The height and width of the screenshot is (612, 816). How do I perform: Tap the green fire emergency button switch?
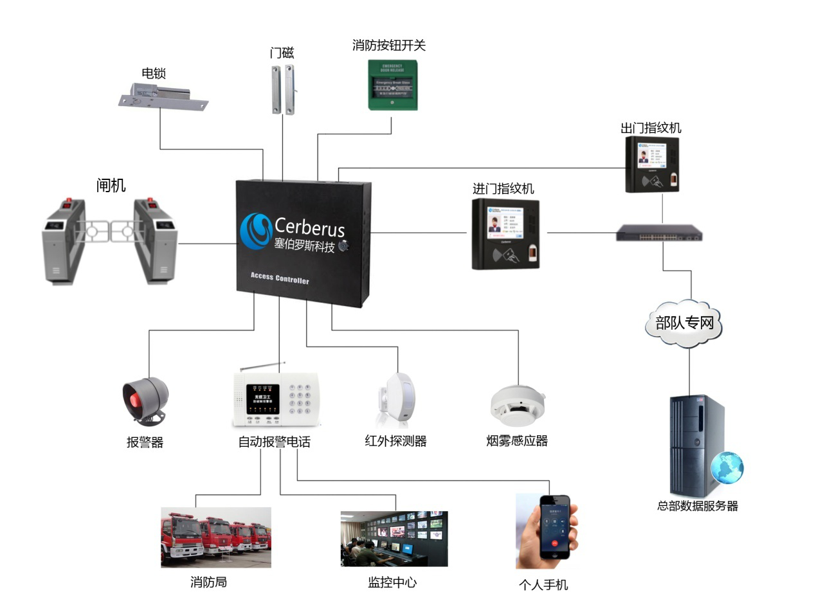tap(392, 85)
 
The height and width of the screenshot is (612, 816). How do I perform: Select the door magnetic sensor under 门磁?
tap(282, 89)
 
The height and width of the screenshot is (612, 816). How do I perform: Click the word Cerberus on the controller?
tap(309, 228)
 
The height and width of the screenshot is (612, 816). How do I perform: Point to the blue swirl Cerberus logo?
tap(255, 231)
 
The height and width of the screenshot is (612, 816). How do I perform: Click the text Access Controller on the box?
tap(280, 278)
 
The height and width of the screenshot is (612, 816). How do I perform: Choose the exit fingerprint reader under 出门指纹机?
tap(653, 164)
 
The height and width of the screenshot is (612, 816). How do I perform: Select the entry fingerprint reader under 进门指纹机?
tap(505, 233)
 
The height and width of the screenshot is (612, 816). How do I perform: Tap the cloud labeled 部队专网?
tap(684, 323)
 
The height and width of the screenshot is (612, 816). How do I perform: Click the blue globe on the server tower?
tap(727, 467)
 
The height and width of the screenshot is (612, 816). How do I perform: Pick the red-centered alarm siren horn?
tap(145, 400)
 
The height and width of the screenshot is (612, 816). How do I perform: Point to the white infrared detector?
tap(398, 399)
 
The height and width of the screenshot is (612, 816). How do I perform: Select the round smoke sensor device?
tap(518, 405)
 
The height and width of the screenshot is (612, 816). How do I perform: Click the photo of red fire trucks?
tap(216, 537)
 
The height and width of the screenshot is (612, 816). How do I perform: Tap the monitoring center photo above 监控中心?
tap(394, 539)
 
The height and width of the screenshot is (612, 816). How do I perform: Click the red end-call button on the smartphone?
tap(554, 543)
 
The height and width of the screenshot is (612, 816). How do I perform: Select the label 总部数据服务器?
tap(697, 506)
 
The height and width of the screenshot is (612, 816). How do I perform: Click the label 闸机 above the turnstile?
tap(111, 186)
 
